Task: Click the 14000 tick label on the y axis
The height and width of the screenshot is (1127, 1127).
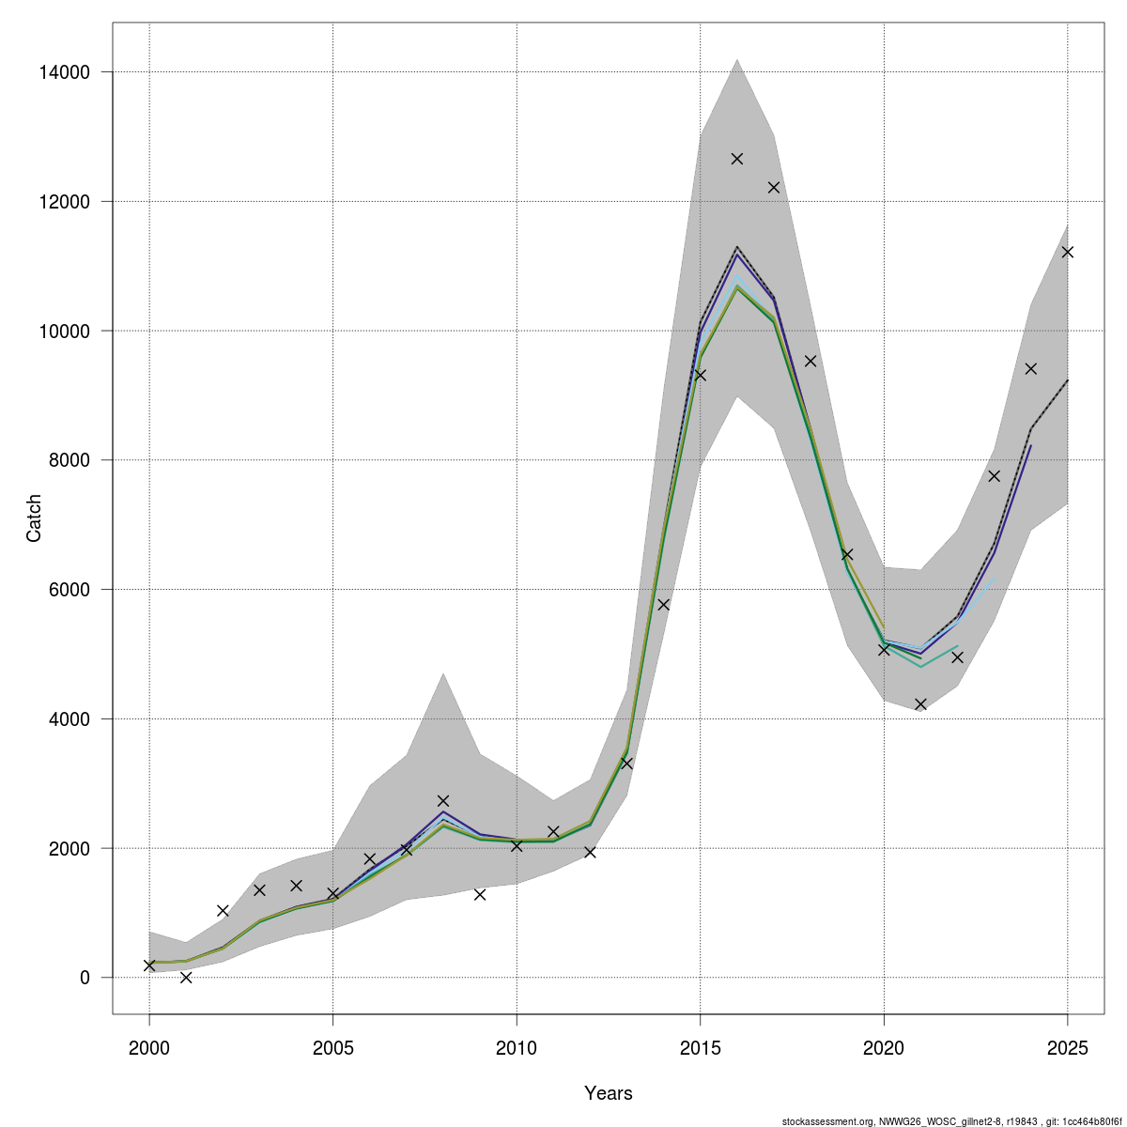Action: [x=65, y=72]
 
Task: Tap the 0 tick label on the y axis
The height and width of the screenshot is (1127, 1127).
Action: [x=85, y=978]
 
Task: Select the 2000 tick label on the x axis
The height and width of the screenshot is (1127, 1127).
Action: [x=149, y=1048]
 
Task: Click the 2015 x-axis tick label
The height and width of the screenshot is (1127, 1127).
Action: [x=700, y=1048]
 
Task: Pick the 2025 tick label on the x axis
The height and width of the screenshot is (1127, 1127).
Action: [x=1067, y=1048]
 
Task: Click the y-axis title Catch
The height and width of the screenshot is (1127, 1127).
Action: [x=34, y=518]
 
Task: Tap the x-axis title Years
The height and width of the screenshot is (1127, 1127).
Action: [x=609, y=1093]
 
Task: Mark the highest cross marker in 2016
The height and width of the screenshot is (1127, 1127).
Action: [x=737, y=159]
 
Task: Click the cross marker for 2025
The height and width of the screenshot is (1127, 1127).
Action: [x=1067, y=252]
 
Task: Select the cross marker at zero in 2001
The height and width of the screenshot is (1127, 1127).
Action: [x=186, y=978]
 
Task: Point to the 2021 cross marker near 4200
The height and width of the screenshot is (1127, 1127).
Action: [x=920, y=704]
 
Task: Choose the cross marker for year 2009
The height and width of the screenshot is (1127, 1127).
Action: [x=480, y=894]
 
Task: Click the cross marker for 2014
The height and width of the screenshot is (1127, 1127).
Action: [x=663, y=605]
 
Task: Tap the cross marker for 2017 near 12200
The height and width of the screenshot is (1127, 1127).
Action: [x=774, y=188]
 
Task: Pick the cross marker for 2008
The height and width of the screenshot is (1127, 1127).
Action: [x=443, y=801]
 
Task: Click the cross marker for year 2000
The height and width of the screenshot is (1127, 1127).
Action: [x=149, y=965]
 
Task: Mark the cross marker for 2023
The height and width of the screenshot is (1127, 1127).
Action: [x=995, y=476]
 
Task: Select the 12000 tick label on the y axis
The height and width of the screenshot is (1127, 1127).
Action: [x=65, y=202]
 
